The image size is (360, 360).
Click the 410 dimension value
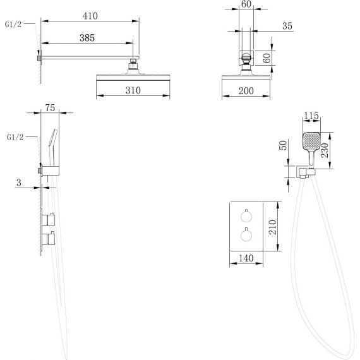[x=90, y=16]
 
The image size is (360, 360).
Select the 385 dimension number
[x=87, y=38]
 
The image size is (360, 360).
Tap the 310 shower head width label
[x=133, y=90]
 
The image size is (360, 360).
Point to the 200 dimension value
[x=246, y=91]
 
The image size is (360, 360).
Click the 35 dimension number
[x=287, y=26]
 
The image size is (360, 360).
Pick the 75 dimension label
[x=50, y=107]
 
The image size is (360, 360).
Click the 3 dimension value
[x=19, y=183]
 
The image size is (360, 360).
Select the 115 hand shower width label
[x=311, y=116]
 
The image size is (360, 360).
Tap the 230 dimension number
[x=325, y=150]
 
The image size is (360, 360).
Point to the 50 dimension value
[x=283, y=145]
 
